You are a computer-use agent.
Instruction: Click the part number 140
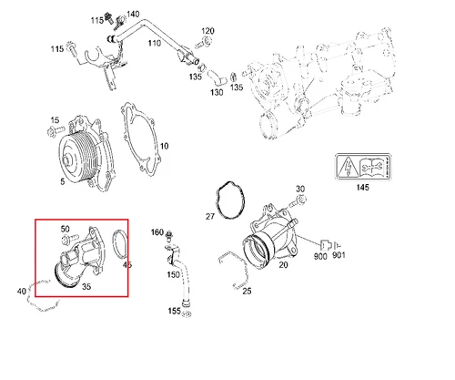click(x=134, y=14)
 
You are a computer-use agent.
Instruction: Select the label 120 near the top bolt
click(x=207, y=32)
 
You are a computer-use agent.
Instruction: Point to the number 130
click(x=217, y=93)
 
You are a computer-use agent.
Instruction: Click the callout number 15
click(x=54, y=120)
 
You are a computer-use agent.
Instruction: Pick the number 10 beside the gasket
click(x=164, y=146)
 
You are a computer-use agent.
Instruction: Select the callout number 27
click(x=209, y=216)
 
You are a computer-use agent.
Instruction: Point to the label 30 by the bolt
click(x=300, y=190)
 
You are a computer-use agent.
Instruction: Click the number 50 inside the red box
click(x=65, y=229)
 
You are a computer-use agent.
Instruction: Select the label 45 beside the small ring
click(x=126, y=266)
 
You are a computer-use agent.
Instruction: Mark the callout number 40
click(x=22, y=292)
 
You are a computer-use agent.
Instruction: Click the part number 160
click(x=156, y=232)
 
